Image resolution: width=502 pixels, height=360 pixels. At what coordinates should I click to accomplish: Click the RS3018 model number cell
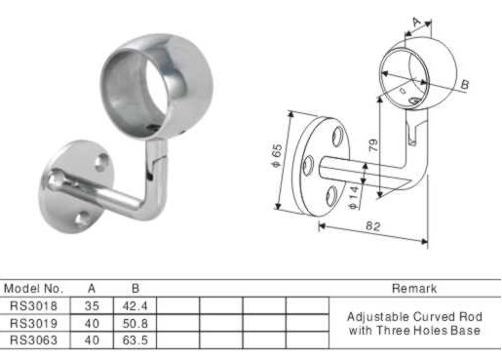(x=34, y=305)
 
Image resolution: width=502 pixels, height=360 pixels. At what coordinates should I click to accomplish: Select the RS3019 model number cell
(x=34, y=323)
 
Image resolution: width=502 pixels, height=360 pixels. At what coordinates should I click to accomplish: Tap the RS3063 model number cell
(x=34, y=340)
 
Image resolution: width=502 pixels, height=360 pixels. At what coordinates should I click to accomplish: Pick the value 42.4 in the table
(x=135, y=305)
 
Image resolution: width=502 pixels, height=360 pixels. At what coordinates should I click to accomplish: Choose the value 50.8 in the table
(x=135, y=323)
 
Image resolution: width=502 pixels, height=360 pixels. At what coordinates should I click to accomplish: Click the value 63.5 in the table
(x=135, y=340)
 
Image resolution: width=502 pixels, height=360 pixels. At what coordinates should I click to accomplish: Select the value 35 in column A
(x=92, y=305)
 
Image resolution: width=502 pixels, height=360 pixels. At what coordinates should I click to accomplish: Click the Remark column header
(x=414, y=289)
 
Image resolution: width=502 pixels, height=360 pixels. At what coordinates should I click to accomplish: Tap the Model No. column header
(x=33, y=289)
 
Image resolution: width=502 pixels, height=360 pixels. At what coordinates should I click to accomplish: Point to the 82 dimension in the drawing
(x=372, y=226)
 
